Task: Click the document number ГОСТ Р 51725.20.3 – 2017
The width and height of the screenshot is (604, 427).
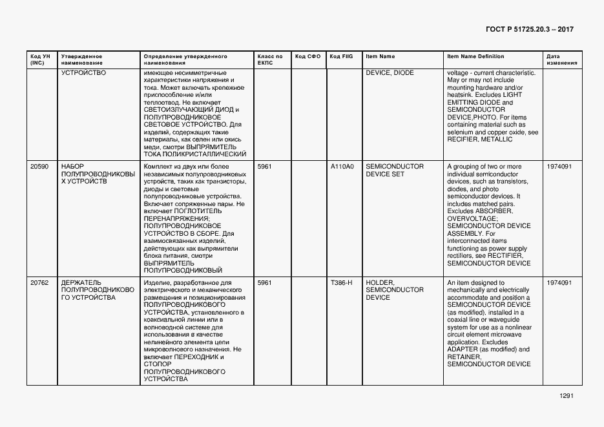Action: point(528,30)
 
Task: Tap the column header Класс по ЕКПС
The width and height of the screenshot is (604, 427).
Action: point(269,60)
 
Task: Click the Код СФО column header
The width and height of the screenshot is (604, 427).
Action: point(307,57)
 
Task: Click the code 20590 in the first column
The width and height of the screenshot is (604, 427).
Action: point(39,167)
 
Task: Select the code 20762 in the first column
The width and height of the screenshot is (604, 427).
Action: point(39,283)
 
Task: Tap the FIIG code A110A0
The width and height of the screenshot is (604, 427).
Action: point(342,167)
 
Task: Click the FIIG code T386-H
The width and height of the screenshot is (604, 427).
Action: point(341,283)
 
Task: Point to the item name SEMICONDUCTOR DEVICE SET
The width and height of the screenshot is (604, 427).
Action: point(395,171)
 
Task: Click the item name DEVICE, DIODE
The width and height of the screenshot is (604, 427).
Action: point(390,73)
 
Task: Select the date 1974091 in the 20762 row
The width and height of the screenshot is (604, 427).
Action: point(559,283)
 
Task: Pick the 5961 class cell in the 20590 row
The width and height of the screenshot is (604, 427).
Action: point(265,167)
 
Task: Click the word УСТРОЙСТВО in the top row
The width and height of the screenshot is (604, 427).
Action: point(83,73)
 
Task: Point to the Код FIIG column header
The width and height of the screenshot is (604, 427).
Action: point(342,57)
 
